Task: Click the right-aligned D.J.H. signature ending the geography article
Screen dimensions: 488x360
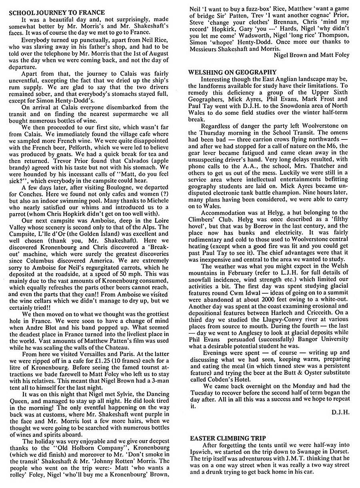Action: (341, 412)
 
